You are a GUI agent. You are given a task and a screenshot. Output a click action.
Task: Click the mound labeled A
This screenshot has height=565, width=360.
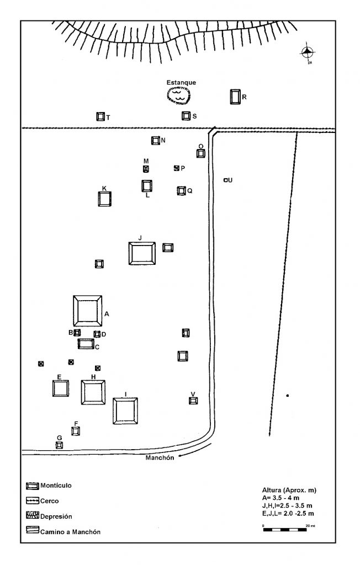tap(87, 311)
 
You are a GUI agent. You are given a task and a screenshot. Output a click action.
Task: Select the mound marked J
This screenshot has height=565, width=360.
tap(142, 253)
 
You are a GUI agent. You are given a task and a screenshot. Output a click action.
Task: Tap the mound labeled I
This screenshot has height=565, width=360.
tap(125, 411)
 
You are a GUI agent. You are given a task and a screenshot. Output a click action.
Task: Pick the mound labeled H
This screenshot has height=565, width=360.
tap(93, 392)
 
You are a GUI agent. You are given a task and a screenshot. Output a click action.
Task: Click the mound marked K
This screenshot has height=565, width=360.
tap(104, 199)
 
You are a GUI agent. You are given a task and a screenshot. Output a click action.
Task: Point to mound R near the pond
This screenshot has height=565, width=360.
tap(235, 97)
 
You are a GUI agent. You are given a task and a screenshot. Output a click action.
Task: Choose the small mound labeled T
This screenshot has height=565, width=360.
tap(100, 116)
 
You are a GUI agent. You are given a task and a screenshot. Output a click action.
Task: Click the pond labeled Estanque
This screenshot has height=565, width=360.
tap(179, 95)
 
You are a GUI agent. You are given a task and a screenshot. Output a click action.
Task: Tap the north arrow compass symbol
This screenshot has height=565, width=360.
tap(308, 52)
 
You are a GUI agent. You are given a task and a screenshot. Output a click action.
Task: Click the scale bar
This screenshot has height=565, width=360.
tap(285, 530)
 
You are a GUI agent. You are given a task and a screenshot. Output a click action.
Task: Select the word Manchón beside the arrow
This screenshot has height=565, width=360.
tap(160, 457)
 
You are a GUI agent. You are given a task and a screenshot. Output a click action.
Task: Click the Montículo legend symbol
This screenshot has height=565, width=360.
tap(33, 486)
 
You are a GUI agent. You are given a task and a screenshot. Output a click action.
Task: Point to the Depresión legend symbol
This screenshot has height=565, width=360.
tap(33, 516)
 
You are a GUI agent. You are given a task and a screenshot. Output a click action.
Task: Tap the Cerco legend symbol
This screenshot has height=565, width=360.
tap(33, 501)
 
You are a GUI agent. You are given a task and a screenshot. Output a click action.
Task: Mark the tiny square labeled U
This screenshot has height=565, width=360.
tap(226, 180)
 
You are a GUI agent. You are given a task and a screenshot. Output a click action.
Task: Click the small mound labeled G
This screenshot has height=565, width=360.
tap(60, 445)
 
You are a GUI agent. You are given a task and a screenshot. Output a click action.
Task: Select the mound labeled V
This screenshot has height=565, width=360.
tap(193, 401)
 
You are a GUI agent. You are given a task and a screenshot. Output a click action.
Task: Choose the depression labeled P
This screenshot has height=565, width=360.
tap(177, 168)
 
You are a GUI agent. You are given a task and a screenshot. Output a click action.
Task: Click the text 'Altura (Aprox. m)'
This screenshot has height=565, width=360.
tap(289, 490)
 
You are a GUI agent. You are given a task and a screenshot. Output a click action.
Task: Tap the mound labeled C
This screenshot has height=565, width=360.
tap(86, 344)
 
